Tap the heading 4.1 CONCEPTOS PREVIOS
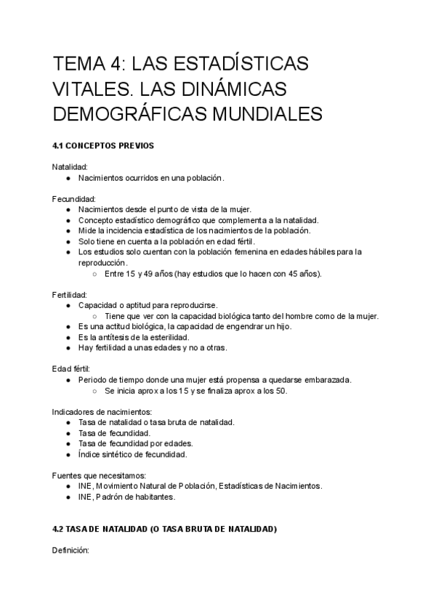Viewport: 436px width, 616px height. pyautogui.click(x=103, y=146)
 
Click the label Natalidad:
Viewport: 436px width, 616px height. pyautogui.click(x=70, y=167)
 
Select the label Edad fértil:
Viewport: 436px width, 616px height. pyautogui.click(x=71, y=369)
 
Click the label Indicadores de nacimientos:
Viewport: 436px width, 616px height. pyautogui.click(x=101, y=412)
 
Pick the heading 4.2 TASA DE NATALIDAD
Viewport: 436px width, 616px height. pyautogui.click(x=165, y=530)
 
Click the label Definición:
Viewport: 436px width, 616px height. pyautogui.click(x=70, y=551)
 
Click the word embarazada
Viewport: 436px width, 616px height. pyautogui.click(x=327, y=380)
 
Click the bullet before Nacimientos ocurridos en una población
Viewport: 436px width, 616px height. pyautogui.click(x=68, y=178)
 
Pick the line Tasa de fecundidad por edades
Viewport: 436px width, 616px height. pyautogui.click(x=132, y=444)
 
